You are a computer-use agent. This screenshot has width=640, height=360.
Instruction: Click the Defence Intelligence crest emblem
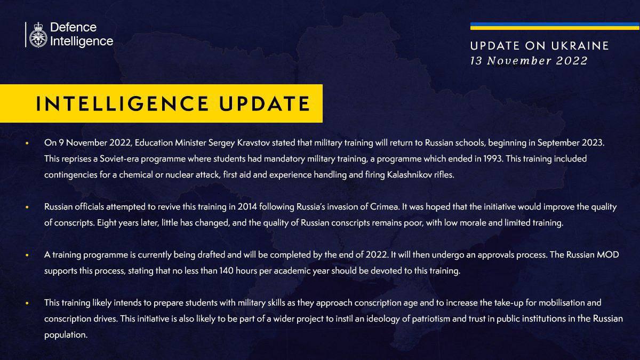point(38,35)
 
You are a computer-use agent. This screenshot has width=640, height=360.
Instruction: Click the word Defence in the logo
point(74,27)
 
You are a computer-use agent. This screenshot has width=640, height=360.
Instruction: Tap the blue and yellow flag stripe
point(555,26)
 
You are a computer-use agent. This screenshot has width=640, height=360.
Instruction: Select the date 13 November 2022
point(529,61)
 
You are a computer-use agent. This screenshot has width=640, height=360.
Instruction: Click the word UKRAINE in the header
point(580,46)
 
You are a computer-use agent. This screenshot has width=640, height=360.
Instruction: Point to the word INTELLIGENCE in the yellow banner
point(122,103)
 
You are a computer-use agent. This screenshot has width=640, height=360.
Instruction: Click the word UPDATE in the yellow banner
point(265,103)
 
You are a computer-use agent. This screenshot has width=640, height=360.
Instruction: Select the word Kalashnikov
point(410,174)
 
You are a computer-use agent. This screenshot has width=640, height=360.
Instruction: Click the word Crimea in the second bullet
point(385,206)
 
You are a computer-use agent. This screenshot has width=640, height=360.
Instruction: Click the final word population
point(66,335)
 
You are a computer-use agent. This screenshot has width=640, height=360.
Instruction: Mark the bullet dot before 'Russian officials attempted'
point(27,207)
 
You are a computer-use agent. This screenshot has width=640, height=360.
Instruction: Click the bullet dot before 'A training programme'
point(27,255)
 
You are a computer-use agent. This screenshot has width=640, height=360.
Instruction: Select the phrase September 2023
point(571,142)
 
